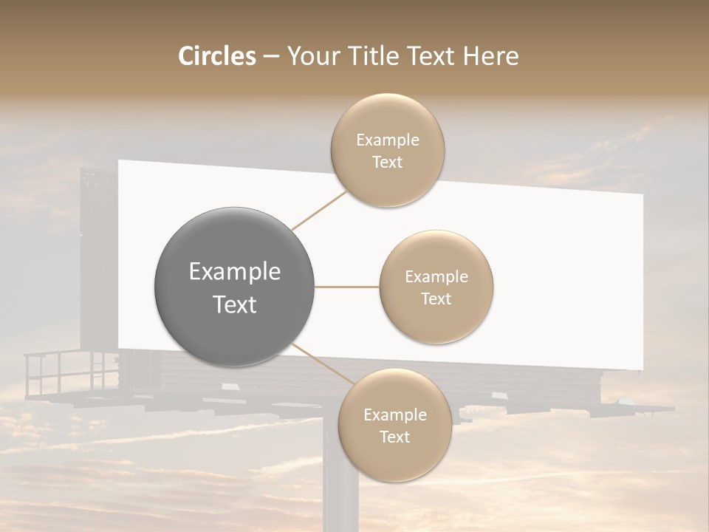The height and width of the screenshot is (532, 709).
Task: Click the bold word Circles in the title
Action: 217,56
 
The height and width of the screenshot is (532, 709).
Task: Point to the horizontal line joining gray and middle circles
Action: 346,287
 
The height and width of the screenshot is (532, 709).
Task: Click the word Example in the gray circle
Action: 235,272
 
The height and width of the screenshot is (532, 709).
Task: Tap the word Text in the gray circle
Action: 235,304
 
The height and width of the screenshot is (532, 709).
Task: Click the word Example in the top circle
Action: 387,140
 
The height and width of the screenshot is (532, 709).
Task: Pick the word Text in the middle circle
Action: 436,299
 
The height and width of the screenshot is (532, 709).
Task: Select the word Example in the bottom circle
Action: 394,415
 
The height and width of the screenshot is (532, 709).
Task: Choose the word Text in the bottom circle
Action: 394,437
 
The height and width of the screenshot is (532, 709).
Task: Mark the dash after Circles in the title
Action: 270,57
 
